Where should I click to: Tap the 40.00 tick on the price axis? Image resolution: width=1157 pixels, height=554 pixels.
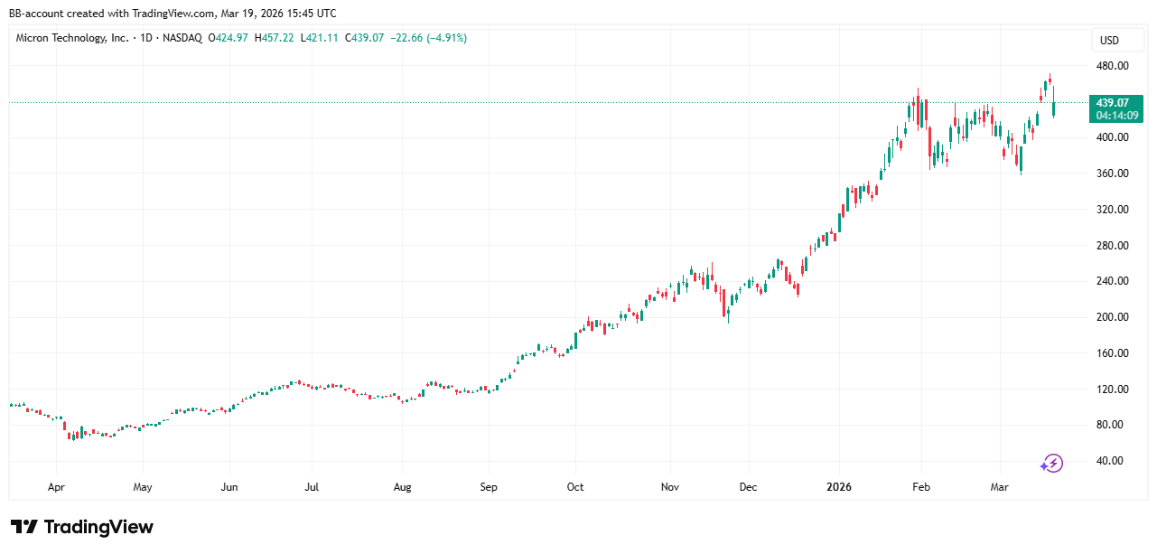(x=1110, y=461)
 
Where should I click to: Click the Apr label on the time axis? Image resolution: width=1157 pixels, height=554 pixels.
(x=56, y=487)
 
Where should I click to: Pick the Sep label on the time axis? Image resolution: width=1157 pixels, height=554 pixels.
(x=489, y=487)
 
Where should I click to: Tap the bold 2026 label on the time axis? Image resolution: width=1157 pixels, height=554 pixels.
(x=840, y=487)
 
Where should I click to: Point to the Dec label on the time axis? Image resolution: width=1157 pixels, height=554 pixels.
(x=748, y=487)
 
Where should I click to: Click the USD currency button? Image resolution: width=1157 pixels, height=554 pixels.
(x=1108, y=41)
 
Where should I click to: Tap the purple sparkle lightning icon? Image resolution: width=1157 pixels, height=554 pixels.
(x=1051, y=464)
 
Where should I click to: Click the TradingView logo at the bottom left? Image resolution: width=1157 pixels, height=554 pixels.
(x=82, y=527)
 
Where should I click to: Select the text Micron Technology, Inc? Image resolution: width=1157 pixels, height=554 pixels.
(x=72, y=38)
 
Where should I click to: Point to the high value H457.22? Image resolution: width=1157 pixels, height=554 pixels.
(x=275, y=38)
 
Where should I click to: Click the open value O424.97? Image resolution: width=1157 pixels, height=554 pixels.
(x=229, y=38)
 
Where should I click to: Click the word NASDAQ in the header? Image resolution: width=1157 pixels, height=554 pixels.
(x=183, y=38)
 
